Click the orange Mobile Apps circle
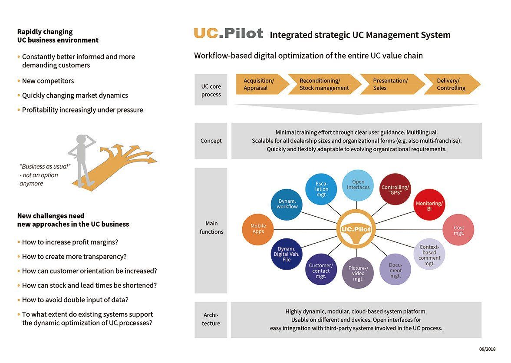[258, 229]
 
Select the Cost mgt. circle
[458, 230]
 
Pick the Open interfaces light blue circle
[358, 185]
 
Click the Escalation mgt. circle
[322, 189]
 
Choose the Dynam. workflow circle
[287, 204]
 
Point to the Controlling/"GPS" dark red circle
[395, 188]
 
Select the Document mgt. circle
[395, 270]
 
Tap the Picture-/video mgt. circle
[358, 273]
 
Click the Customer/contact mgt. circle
[321, 270]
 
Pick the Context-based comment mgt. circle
[429, 255]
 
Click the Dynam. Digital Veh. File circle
[287, 254]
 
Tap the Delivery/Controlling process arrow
[452, 84]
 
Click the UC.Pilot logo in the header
[228, 33]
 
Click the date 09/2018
[487, 349]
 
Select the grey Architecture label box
[211, 320]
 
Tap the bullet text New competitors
[48, 81]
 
